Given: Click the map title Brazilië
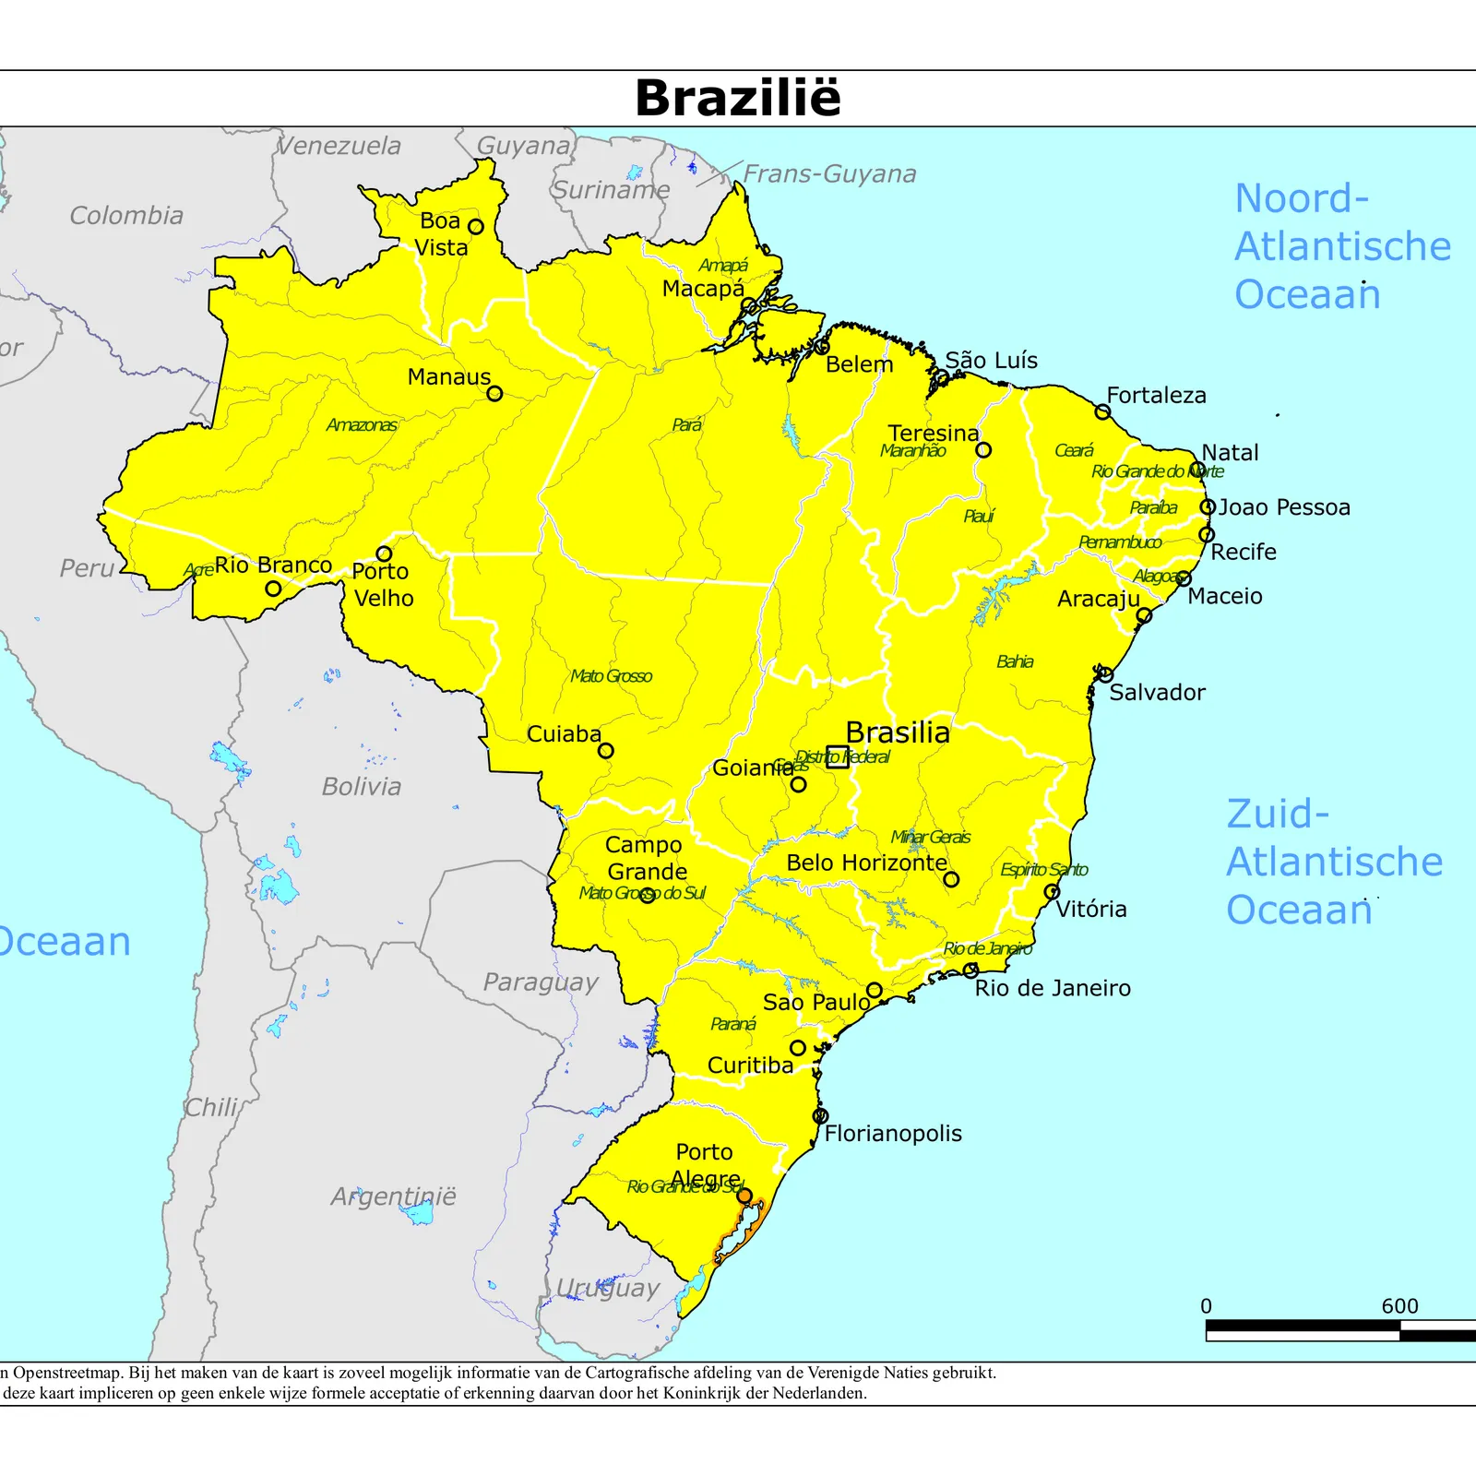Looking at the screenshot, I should pos(738,98).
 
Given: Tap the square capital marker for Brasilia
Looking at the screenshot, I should pos(838,757).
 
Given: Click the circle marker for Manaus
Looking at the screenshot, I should pos(494,394).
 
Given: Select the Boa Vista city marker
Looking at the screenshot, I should pos(476,227).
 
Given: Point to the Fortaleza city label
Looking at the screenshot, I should pos(1156,396).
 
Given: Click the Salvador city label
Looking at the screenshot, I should pos(1157,693).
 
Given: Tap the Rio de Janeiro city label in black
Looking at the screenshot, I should pos(1053,989).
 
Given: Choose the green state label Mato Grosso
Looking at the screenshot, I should pos(611,676).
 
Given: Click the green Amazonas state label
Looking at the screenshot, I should pos(362,425).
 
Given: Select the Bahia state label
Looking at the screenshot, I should pos(1015,661).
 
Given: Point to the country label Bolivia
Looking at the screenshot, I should pos(362,787).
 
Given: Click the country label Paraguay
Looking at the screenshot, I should pos(541,982).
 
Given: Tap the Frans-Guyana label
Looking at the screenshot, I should pos(829,174).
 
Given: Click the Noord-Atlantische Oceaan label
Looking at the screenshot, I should pos(1342,246).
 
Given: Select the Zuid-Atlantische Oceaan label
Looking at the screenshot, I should pos(1334,862).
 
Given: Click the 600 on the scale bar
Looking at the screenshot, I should pos(1399,1306).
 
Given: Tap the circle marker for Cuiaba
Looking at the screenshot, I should pos(606,751).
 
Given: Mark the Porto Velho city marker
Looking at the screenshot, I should pos(385,554).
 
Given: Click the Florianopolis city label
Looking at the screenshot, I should pos(892,1134).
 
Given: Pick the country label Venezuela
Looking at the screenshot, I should pos(339,146).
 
